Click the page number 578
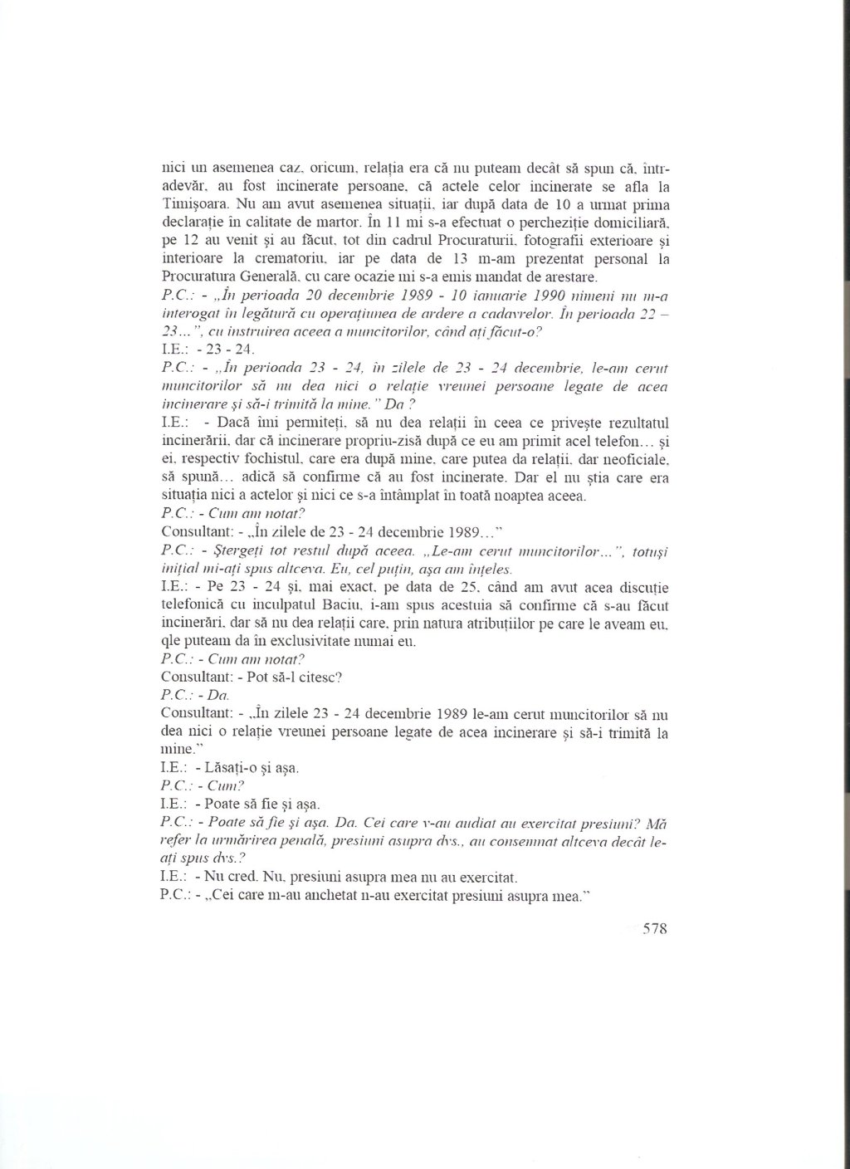[654, 929]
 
